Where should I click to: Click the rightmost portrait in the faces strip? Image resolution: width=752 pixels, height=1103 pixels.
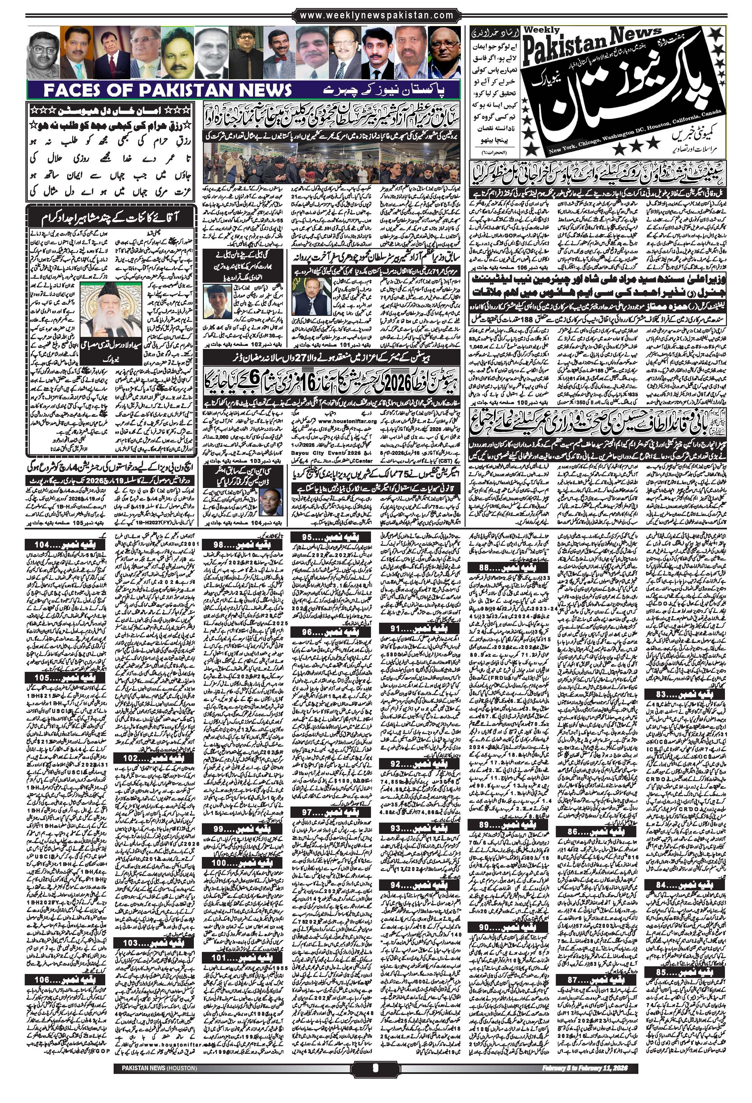tap(444, 52)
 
